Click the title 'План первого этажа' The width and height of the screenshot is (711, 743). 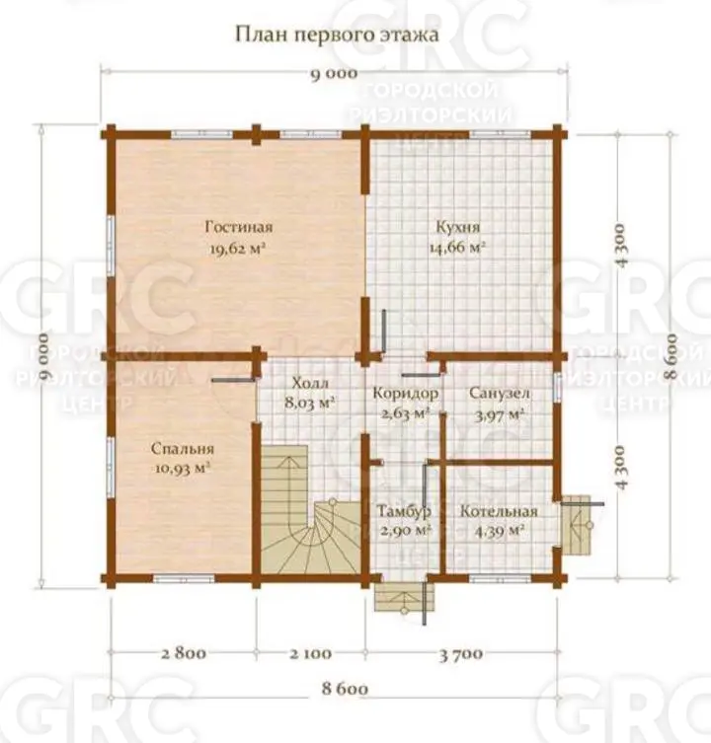337,36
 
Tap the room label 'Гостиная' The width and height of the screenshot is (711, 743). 239,227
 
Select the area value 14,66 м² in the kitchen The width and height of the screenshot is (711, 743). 457,248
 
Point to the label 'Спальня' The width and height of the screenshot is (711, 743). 183,448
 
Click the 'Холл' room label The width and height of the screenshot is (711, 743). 310,383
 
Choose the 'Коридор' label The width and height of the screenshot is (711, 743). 406,393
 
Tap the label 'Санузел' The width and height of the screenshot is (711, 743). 500,393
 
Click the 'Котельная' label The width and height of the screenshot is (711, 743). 499,511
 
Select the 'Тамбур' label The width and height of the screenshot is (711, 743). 404,511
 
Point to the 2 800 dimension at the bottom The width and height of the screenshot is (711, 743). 184,653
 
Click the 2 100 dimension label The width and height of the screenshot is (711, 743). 311,653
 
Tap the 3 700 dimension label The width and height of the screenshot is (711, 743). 461,654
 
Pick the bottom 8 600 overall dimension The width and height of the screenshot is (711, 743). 345,688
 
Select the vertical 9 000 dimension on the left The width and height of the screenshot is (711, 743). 43,356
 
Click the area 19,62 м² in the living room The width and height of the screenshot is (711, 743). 237,248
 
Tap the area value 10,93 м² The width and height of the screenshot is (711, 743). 183,468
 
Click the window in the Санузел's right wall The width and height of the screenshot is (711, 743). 558,387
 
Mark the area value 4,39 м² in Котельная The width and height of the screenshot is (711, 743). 500,531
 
